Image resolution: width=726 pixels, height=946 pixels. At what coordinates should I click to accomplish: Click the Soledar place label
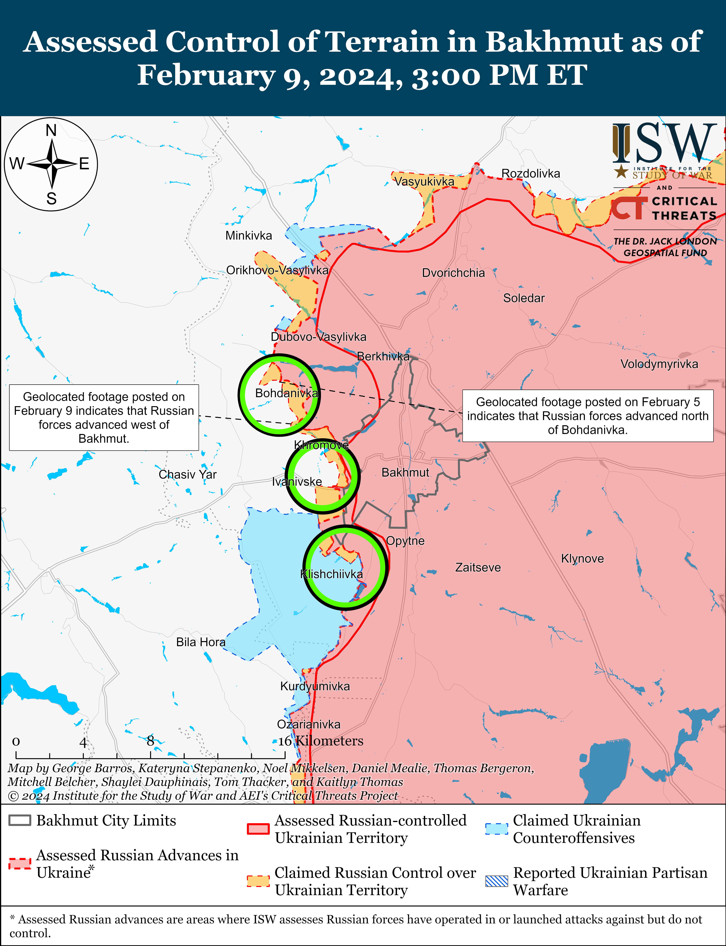coord(524,298)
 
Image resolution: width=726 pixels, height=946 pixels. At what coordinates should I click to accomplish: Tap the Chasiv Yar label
coord(188,475)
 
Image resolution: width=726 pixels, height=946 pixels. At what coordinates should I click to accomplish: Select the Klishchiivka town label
coord(331,574)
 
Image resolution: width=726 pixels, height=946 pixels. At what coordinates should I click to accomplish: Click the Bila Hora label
coord(201,642)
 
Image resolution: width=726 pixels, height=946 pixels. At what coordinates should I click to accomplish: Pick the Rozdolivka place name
coord(531,173)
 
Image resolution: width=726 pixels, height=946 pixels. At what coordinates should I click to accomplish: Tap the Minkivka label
coord(248,236)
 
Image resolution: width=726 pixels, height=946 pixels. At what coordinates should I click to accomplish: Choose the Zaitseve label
coord(478,568)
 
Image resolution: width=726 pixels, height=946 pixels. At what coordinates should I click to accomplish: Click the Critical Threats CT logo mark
coord(629,208)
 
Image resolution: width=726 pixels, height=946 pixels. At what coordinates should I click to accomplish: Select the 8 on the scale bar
coord(150,741)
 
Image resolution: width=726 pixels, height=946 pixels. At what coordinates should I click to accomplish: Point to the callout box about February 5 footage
coord(588,416)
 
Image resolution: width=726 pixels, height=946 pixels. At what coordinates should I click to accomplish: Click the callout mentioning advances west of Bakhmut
coord(104,417)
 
